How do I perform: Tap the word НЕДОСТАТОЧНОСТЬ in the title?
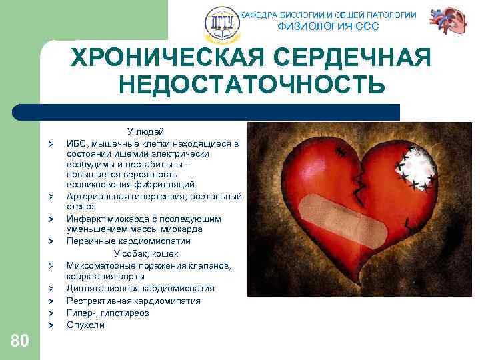point(251,85)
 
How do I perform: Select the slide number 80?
point(20,341)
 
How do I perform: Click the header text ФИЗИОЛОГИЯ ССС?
point(327,27)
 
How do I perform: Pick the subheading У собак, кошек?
point(145,253)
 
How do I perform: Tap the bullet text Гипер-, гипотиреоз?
point(107,313)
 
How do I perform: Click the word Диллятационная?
point(103,289)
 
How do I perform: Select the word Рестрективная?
point(97,301)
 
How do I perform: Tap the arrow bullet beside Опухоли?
point(50,325)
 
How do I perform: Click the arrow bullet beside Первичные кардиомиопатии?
point(50,242)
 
